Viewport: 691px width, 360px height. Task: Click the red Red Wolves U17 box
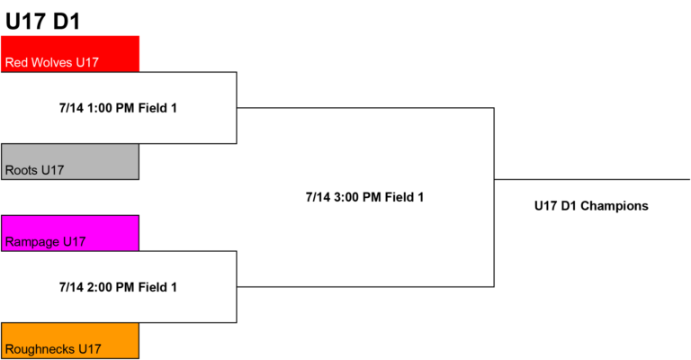70,54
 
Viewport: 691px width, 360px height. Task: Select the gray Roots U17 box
70,162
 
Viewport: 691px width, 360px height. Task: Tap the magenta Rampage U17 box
70,233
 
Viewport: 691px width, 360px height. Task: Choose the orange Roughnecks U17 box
70,340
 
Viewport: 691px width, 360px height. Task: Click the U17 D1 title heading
43,22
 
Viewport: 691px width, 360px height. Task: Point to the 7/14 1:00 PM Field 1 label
118,108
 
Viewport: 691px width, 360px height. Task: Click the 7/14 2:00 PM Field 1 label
118,287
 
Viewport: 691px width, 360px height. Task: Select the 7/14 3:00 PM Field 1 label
365,197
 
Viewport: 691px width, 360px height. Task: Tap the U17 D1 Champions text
591,206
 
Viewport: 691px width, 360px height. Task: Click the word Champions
615,206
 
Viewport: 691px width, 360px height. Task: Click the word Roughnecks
40,349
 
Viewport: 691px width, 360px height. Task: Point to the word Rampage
32,242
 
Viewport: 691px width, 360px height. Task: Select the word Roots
22,170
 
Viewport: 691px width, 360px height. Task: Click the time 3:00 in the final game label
345,197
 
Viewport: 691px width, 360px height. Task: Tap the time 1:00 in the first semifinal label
99,108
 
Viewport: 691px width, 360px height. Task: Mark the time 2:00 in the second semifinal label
99,287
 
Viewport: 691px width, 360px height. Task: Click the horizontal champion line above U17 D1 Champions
592,179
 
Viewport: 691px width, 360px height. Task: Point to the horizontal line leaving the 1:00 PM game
365,107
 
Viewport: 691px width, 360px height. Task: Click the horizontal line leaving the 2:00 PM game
365,287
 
